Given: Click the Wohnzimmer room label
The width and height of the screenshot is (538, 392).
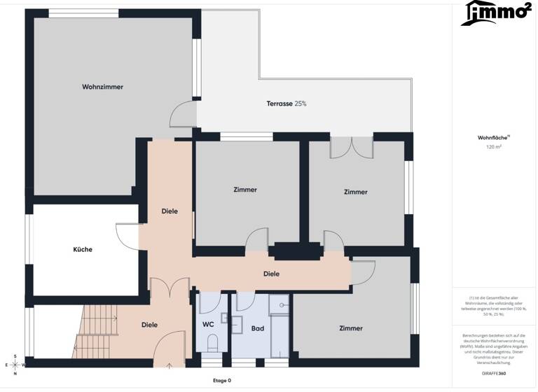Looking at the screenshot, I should point(102,87).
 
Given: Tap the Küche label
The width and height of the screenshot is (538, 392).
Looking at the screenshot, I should point(83,249).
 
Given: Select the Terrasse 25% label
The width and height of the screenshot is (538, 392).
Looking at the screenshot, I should point(286,104).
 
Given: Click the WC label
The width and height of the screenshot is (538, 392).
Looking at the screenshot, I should point(208,325).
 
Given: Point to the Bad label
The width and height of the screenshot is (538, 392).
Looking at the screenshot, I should point(257,328).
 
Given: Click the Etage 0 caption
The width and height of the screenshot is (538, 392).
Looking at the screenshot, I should point(221,380).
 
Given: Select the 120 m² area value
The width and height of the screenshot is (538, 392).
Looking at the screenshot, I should point(495,147).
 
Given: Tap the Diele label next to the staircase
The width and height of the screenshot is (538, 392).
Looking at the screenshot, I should point(149,325).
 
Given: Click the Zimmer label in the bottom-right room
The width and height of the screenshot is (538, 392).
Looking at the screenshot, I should point(350,328).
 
